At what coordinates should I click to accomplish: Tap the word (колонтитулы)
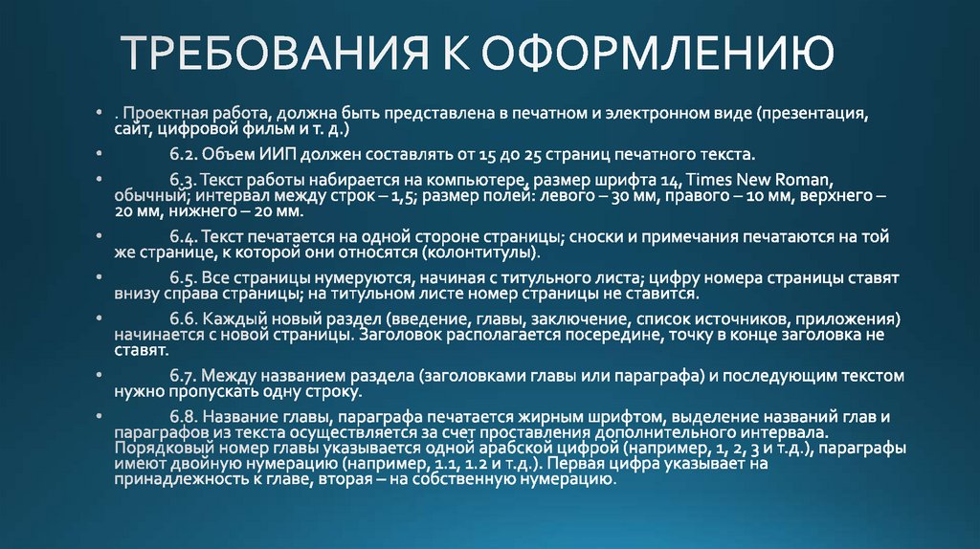coord(494,254)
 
